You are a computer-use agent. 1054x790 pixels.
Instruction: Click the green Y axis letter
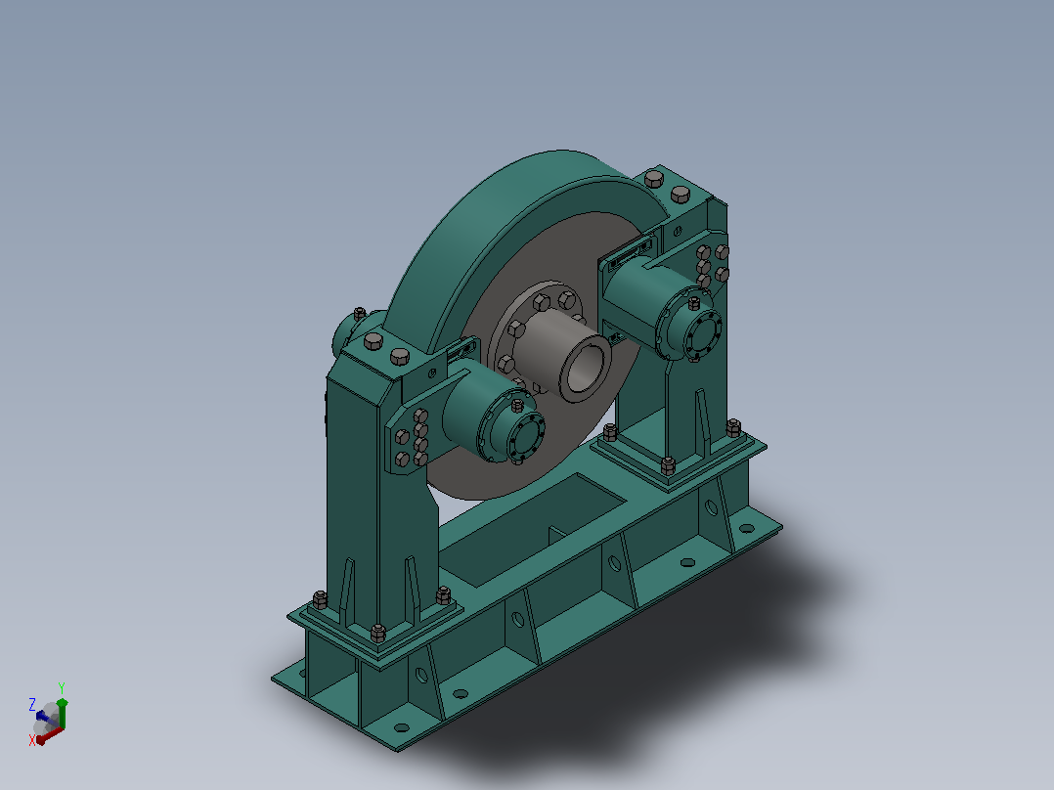pos(62,687)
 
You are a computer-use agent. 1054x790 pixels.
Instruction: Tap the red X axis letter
pos(31,740)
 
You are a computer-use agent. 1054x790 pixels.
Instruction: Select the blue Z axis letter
pos(31,704)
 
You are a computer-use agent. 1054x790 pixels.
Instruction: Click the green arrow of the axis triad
pos(62,713)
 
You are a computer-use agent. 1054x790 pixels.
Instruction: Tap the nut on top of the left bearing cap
pos(517,406)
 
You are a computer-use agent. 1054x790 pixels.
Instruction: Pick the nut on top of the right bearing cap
pos(694,303)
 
